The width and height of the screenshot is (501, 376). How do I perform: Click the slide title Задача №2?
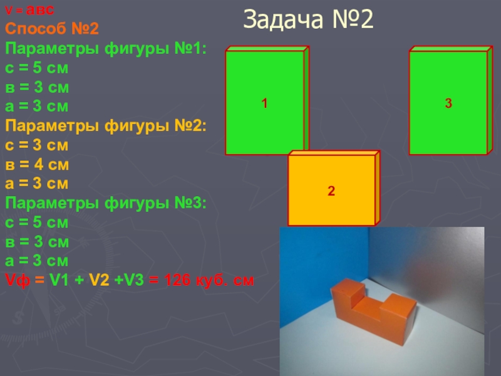(308, 20)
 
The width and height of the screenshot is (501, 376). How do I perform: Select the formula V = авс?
(30, 11)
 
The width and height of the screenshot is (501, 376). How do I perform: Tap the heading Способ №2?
(51, 28)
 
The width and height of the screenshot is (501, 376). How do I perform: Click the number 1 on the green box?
(265, 104)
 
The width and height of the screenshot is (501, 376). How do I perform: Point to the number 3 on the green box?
(448, 104)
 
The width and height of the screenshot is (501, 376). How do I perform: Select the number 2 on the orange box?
(331, 190)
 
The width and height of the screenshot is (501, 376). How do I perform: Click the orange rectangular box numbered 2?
(332, 201)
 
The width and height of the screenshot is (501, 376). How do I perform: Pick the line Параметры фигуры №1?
(106, 48)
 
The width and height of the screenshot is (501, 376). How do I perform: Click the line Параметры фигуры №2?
(106, 126)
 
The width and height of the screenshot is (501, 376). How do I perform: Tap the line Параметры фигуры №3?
(106, 204)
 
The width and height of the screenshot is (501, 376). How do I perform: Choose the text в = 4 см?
(37, 165)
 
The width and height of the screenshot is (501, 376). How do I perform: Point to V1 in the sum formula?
(63, 281)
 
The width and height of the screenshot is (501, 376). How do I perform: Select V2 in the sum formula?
(101, 281)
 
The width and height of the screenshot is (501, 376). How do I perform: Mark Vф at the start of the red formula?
(16, 281)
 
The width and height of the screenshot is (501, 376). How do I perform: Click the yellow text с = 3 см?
(37, 145)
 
